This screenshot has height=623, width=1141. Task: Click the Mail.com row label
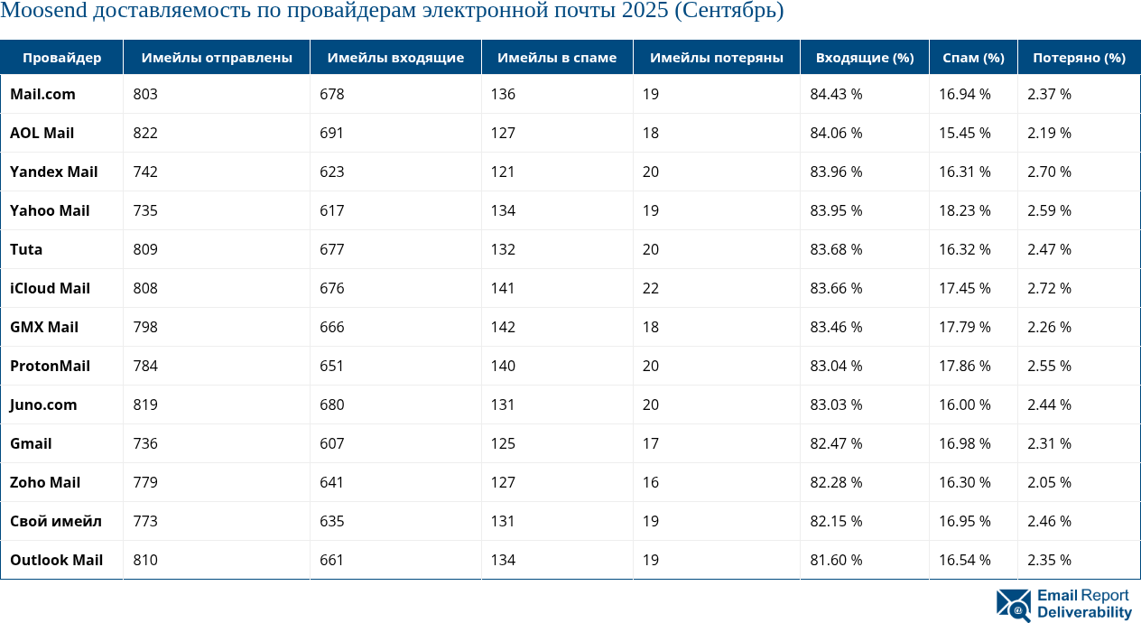[x=42, y=94]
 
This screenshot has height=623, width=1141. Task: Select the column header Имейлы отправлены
[x=217, y=58]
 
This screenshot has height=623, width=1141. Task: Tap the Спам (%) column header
[x=973, y=58]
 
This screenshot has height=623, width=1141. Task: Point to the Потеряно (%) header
[x=1079, y=58]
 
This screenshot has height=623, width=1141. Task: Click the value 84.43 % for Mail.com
[x=836, y=94]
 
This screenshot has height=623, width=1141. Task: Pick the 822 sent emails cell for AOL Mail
[x=145, y=133]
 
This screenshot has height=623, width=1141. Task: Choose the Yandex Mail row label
[x=54, y=172]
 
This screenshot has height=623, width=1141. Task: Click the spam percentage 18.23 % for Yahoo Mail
[x=965, y=210]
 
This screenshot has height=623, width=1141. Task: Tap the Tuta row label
[x=26, y=249]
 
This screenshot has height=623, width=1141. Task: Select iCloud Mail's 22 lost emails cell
[x=651, y=288]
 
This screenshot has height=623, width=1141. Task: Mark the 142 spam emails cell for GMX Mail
[x=504, y=327]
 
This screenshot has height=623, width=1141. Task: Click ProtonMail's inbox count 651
[x=332, y=366]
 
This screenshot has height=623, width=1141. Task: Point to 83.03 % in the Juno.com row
[x=836, y=404]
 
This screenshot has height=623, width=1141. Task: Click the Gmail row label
[x=31, y=443]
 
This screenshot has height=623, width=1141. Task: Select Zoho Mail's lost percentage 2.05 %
[x=1049, y=482]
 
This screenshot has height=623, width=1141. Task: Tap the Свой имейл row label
[x=56, y=521]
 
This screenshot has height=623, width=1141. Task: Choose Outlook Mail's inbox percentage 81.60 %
[x=836, y=560]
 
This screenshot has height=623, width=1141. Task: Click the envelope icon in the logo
[x=1014, y=605]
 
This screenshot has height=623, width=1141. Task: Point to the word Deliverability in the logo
[x=1084, y=612]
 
